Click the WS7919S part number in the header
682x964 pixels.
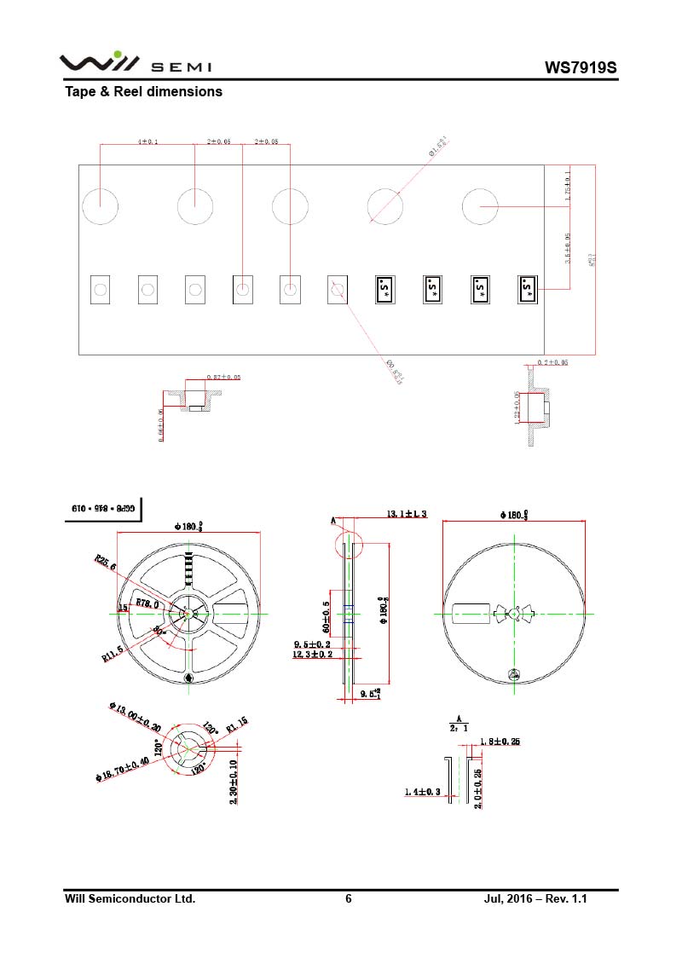coord(580,68)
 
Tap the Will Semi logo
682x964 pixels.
coord(135,64)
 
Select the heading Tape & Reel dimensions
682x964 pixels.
coord(143,91)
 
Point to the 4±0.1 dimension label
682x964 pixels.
coord(147,141)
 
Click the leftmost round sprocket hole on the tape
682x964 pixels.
coord(100,206)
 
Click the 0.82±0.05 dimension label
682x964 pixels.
coord(223,377)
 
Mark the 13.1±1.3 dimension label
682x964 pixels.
coord(407,514)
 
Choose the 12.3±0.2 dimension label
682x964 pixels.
coord(313,655)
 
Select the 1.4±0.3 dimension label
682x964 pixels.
coord(422,793)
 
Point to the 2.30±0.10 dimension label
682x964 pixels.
coord(234,782)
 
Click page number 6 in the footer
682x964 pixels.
coord(348,899)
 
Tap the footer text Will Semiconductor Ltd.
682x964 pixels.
coord(130,899)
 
